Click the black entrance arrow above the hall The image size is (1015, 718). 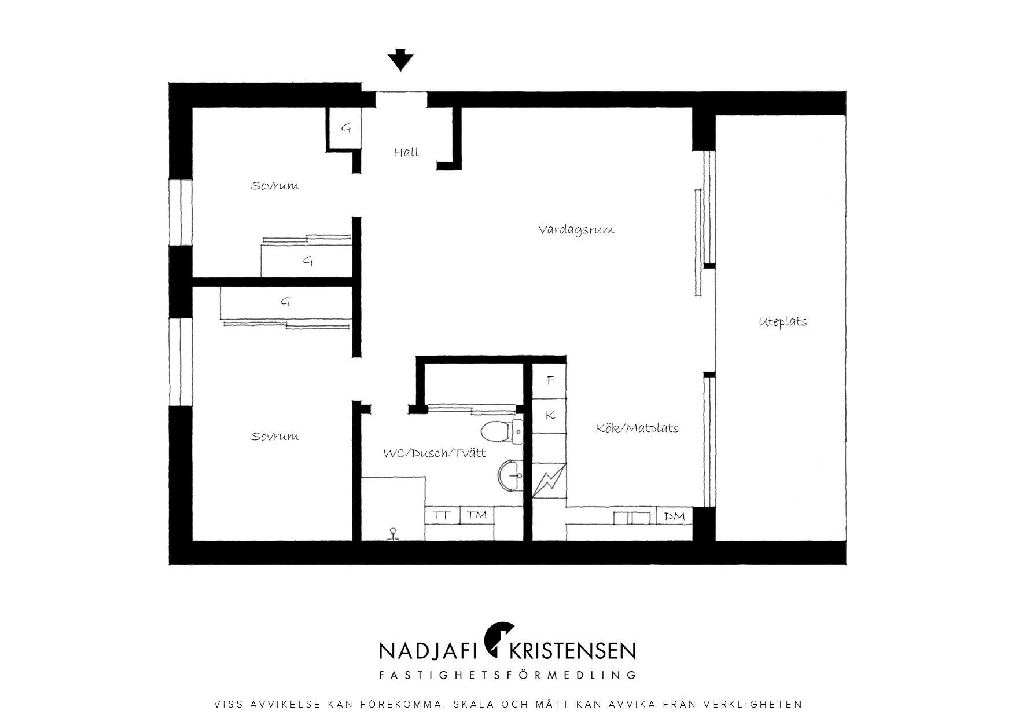[400, 60]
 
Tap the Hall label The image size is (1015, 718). [406, 152]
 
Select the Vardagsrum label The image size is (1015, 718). [576, 229]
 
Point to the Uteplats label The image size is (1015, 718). [782, 321]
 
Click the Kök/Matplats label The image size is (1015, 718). [637, 428]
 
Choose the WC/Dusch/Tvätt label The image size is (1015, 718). [435, 453]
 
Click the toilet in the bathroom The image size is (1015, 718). [502, 431]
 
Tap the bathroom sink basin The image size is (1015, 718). [510, 476]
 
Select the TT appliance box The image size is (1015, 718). [443, 515]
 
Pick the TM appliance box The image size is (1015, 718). [477, 515]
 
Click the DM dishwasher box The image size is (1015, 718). [674, 516]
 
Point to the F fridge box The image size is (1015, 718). [550, 380]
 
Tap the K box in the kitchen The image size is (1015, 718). [550, 415]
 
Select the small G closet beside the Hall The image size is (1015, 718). [345, 129]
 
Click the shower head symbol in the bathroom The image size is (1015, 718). [394, 534]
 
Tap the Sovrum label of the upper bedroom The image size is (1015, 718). [274, 186]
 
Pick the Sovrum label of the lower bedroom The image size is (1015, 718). [274, 436]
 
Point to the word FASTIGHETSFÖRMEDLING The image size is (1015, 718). [507, 675]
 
